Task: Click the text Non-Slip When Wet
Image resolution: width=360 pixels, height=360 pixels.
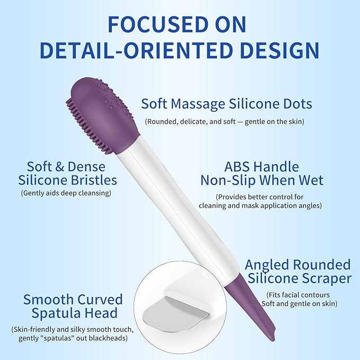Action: click(x=262, y=180)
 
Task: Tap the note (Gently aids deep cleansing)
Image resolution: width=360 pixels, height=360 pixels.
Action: click(x=66, y=193)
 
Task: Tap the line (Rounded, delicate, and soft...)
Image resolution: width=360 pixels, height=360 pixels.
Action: click(x=224, y=121)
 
